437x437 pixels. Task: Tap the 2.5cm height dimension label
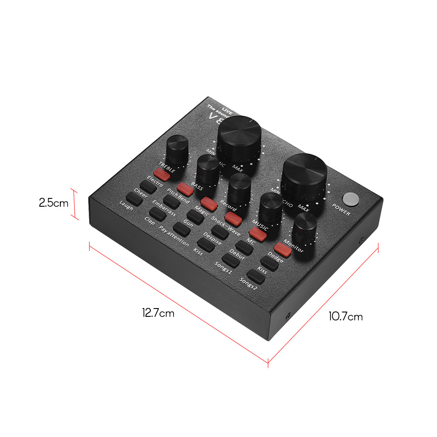[53, 203]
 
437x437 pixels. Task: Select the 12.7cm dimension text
[158, 313]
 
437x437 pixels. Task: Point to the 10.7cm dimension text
[346, 316]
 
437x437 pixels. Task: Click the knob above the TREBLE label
[177, 149]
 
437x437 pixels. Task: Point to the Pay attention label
[174, 236]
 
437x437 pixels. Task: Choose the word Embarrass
[164, 208]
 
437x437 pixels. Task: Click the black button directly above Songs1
[230, 260]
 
